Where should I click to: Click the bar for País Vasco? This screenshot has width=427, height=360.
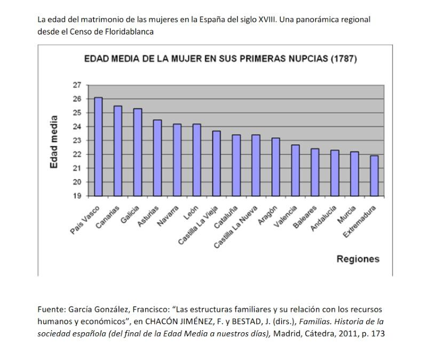coord(98,147)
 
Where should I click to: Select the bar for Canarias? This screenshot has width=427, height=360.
coord(118,151)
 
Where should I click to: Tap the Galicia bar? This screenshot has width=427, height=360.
coord(138,152)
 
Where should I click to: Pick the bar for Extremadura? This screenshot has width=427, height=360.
coord(375,175)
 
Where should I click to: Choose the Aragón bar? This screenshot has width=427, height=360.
coord(276,167)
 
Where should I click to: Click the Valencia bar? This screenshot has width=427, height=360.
coord(296,170)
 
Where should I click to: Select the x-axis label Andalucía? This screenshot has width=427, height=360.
coord(324,218)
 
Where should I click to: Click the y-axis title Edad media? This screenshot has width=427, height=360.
coord(54,142)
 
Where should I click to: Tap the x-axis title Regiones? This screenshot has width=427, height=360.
coord(358,259)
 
